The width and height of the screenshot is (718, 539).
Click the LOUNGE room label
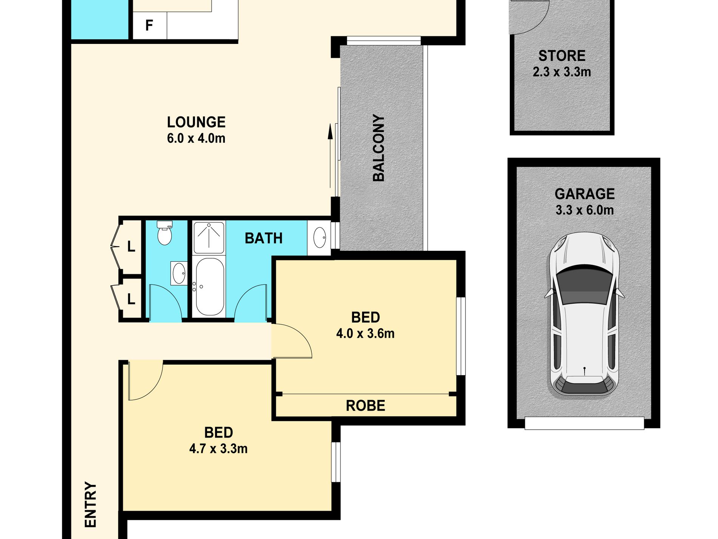[196, 122]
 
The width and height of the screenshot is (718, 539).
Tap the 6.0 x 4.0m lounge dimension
[196, 138]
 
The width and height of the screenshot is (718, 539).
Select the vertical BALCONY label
[379, 148]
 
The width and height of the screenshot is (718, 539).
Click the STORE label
[562, 56]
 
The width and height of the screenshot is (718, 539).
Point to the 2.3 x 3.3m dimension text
[562, 72]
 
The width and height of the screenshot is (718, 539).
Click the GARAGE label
[584, 194]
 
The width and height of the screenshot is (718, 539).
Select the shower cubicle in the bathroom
[209, 238]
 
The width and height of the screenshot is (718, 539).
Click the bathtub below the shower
[209, 287]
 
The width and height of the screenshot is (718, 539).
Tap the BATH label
[263, 238]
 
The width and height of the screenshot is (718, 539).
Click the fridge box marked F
[149, 25]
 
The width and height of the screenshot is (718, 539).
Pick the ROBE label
[365, 406]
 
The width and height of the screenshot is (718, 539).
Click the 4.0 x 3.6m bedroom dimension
[365, 334]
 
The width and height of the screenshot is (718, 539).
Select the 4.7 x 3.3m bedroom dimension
[218, 449]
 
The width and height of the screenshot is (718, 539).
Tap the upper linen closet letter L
[131, 247]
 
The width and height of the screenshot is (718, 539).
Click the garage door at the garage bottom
[584, 423]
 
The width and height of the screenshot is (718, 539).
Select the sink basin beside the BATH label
[320, 238]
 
